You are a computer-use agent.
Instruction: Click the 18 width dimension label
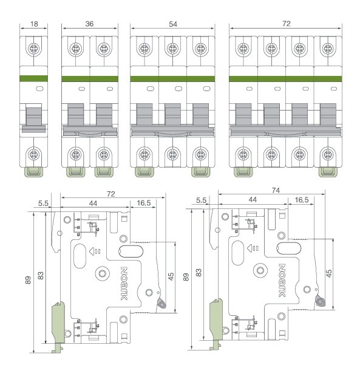tap(34, 24)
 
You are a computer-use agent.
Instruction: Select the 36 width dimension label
tap(89, 24)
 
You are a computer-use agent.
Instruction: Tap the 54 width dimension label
tap(173, 24)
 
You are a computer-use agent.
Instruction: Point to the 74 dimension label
tap(276, 190)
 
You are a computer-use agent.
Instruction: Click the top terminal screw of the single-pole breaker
tap(33, 49)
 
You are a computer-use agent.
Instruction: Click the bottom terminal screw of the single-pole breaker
tap(33, 154)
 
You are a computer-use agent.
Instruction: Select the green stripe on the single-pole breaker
tap(33, 78)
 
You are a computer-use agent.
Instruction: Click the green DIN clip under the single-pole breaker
tap(34, 172)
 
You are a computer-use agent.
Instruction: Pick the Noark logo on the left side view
tap(124, 284)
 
